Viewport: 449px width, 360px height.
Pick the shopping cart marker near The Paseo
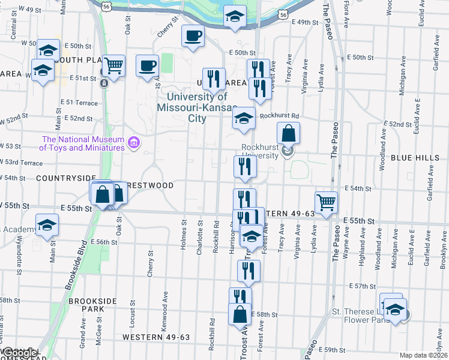pyautogui.click(x=327, y=202)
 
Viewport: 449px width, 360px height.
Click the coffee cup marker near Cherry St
pyautogui.click(x=193, y=37)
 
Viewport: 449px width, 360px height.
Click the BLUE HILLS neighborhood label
pyautogui.click(x=415, y=157)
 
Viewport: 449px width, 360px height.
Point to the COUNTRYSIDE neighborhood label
pyautogui.click(x=66, y=178)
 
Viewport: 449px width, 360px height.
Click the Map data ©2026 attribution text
pyautogui.click(x=423, y=355)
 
